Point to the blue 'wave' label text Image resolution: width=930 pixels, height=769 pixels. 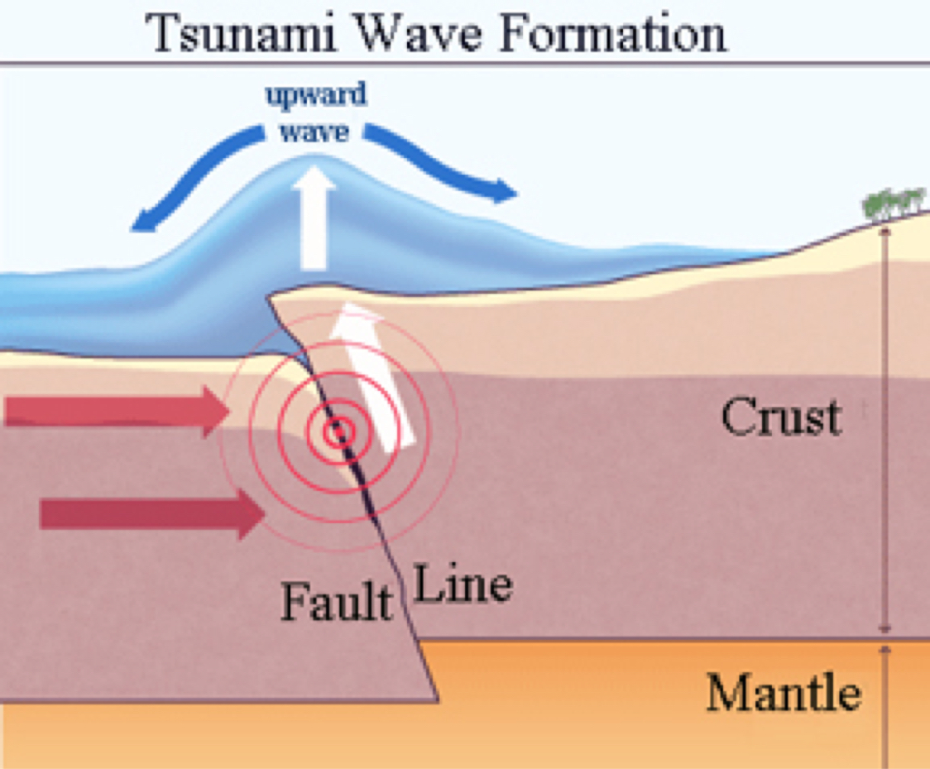(314, 132)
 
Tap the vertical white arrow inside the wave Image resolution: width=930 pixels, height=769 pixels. (314, 219)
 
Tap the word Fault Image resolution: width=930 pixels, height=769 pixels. (336, 602)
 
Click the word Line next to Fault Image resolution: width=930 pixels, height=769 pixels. (463, 585)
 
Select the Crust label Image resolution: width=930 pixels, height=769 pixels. (780, 417)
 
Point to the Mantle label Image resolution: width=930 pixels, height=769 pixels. (783, 693)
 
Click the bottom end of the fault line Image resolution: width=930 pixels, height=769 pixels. (438, 700)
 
